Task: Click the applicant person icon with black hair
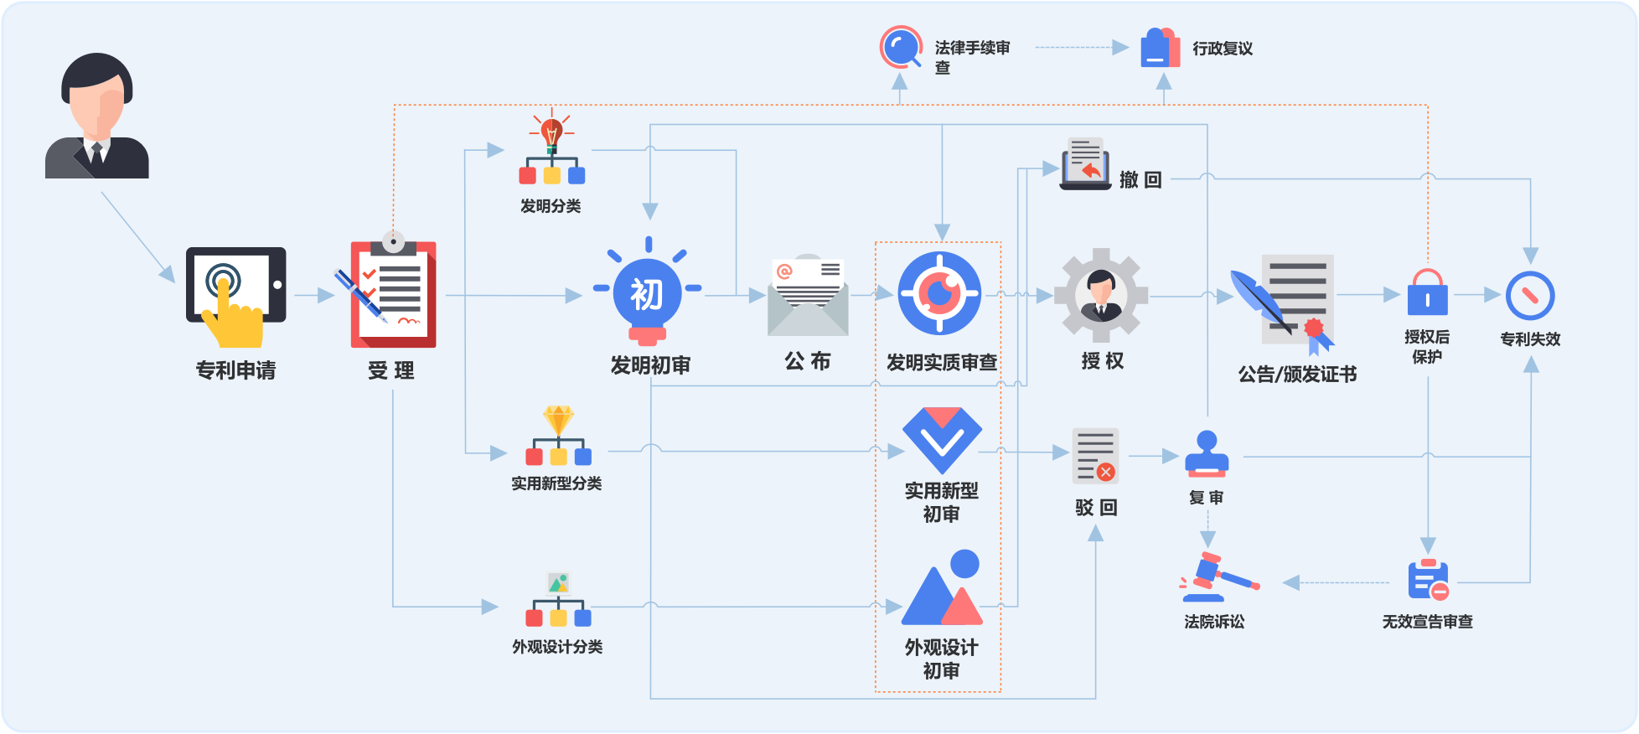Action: coord(97,116)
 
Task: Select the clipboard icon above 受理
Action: coord(393,292)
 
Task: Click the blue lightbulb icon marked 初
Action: coord(647,295)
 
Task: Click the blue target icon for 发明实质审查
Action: coord(939,293)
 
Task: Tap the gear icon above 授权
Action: coord(1101,295)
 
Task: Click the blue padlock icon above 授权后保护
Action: coord(1427,293)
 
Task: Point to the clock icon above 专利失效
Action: coord(1530,296)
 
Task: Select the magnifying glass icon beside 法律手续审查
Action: coord(901,47)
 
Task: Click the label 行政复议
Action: coord(1223,49)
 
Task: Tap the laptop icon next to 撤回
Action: coord(1086,164)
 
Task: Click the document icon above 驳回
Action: coord(1095,457)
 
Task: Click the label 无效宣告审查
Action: coord(1427,622)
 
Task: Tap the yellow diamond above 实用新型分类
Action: coord(558,419)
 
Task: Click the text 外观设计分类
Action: coord(557,647)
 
